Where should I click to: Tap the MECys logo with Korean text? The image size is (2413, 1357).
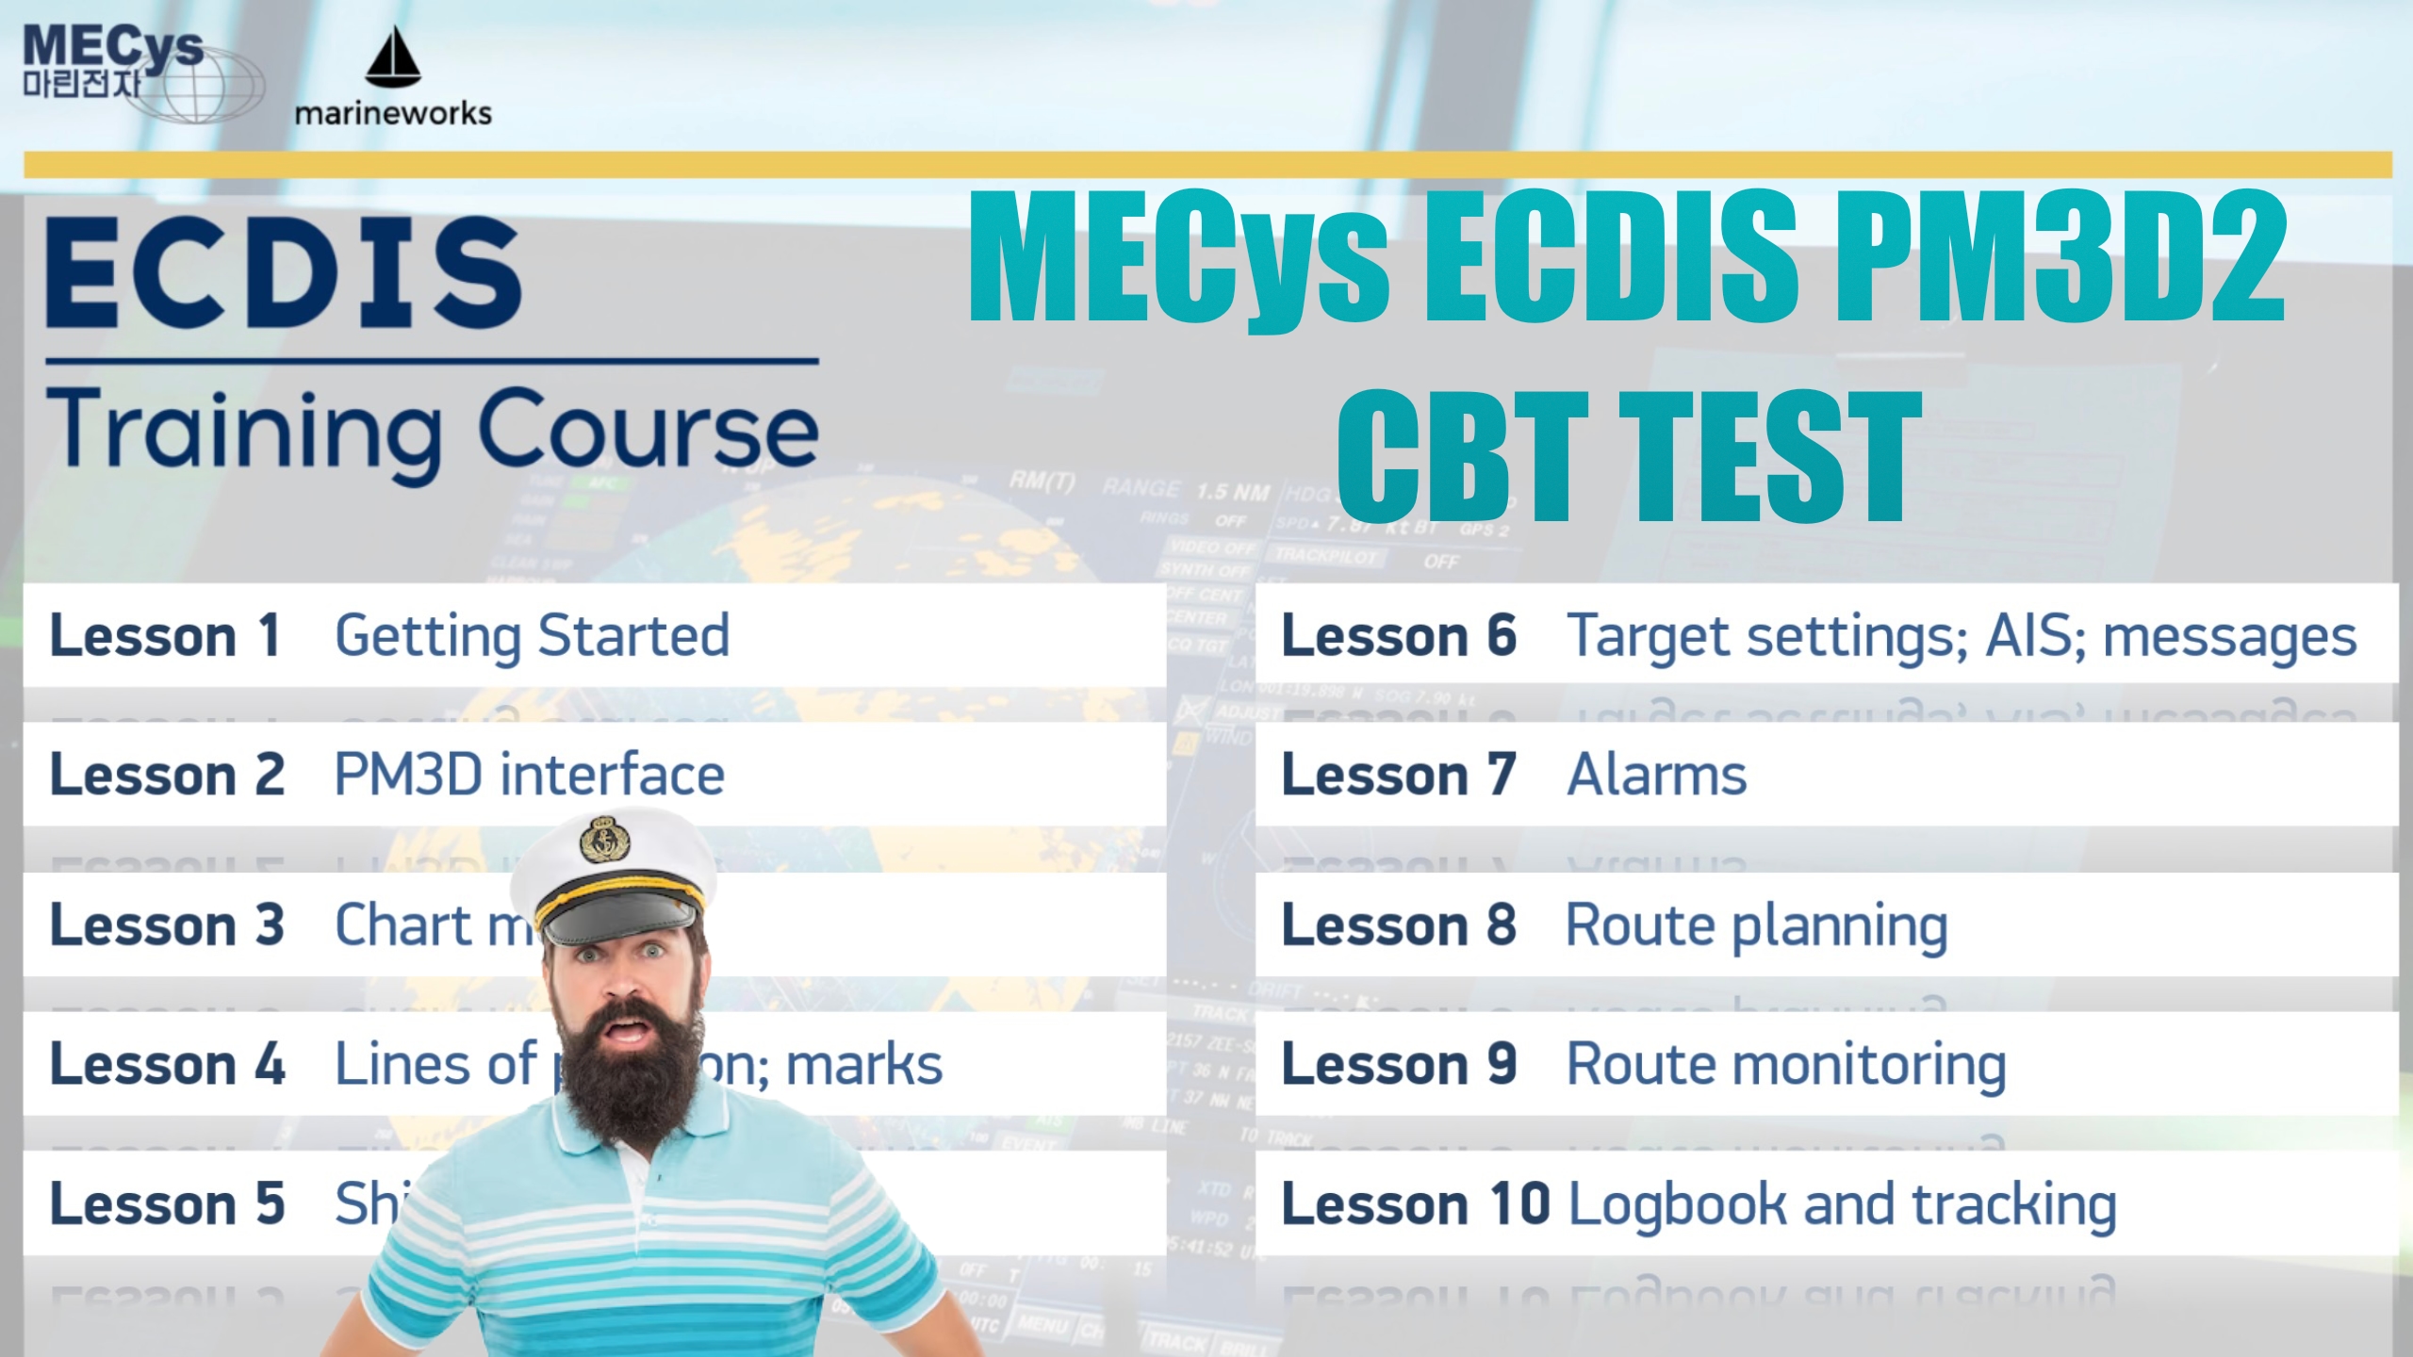pos(113,66)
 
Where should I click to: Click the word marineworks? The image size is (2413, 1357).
pos(393,114)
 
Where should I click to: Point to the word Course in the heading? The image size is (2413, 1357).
pos(648,431)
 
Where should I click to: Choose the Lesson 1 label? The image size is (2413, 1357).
pos(166,635)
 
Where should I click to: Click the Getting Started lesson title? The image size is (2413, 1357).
pos(533,635)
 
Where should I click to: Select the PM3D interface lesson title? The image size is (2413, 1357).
pos(530,775)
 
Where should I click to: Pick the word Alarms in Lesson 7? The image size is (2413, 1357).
pos(1656,775)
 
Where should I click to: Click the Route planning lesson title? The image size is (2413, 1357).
pos(1756,925)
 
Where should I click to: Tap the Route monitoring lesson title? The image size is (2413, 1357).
pos(1785,1065)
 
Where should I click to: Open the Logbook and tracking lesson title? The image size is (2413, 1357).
pos(1842,1204)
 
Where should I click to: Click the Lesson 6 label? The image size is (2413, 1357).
pos(1399,635)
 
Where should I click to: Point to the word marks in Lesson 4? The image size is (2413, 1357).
pos(863,1065)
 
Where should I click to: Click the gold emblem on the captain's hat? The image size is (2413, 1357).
pos(603,839)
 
